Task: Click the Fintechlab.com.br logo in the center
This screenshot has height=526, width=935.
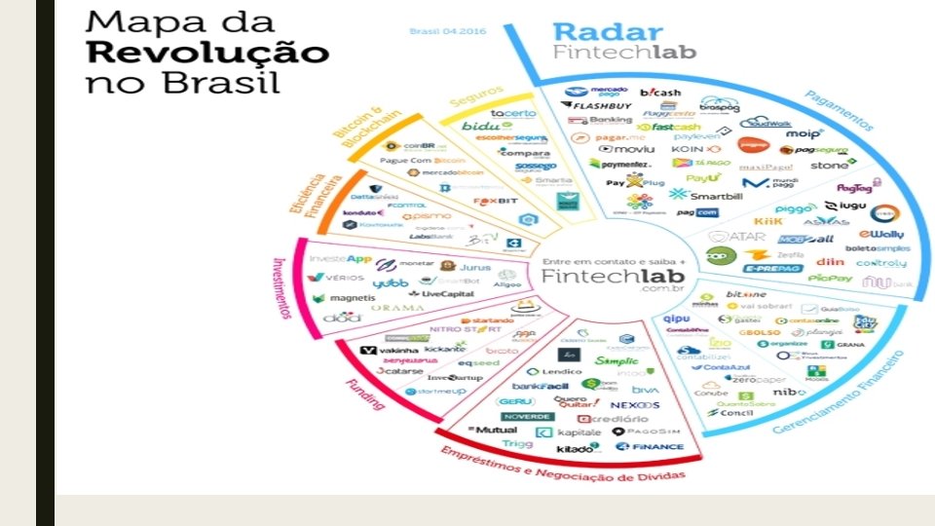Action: pos(612,278)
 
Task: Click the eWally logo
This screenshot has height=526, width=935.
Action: pos(880,234)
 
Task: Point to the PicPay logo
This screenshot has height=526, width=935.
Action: pos(829,279)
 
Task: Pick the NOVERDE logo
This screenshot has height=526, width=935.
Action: pos(528,417)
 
